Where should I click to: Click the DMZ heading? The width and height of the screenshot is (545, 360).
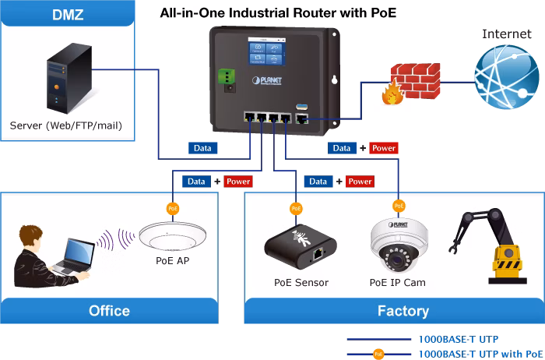coord(68,15)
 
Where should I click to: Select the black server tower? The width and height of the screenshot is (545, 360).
coord(69,78)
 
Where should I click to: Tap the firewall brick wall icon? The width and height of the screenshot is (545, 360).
coord(411,83)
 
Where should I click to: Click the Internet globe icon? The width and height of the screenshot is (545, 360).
coord(507,77)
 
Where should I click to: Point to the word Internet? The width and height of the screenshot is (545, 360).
coord(507,34)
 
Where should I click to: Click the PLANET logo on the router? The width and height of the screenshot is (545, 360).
coord(266,81)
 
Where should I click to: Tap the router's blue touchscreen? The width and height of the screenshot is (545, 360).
coord(267,51)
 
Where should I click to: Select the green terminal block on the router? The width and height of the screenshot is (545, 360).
coord(227,76)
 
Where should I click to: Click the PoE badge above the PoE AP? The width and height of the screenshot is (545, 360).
coord(173,209)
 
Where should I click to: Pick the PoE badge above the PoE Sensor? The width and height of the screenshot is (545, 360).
coord(296,209)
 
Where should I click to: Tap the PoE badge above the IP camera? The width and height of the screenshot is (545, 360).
coord(399,206)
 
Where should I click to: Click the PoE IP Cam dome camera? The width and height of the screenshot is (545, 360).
coord(399,245)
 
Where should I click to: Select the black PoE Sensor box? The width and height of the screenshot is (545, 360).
coord(301,248)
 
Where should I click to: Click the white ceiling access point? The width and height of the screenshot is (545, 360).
coord(172,237)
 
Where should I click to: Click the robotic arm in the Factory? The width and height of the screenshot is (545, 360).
coord(489,246)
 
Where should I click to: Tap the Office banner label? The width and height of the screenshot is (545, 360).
coord(109,311)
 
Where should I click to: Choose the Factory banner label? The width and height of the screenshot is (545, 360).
coord(403,311)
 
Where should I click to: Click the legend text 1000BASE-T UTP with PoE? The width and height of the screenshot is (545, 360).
coord(480,354)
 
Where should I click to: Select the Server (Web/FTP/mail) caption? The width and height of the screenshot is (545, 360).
coord(66,125)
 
